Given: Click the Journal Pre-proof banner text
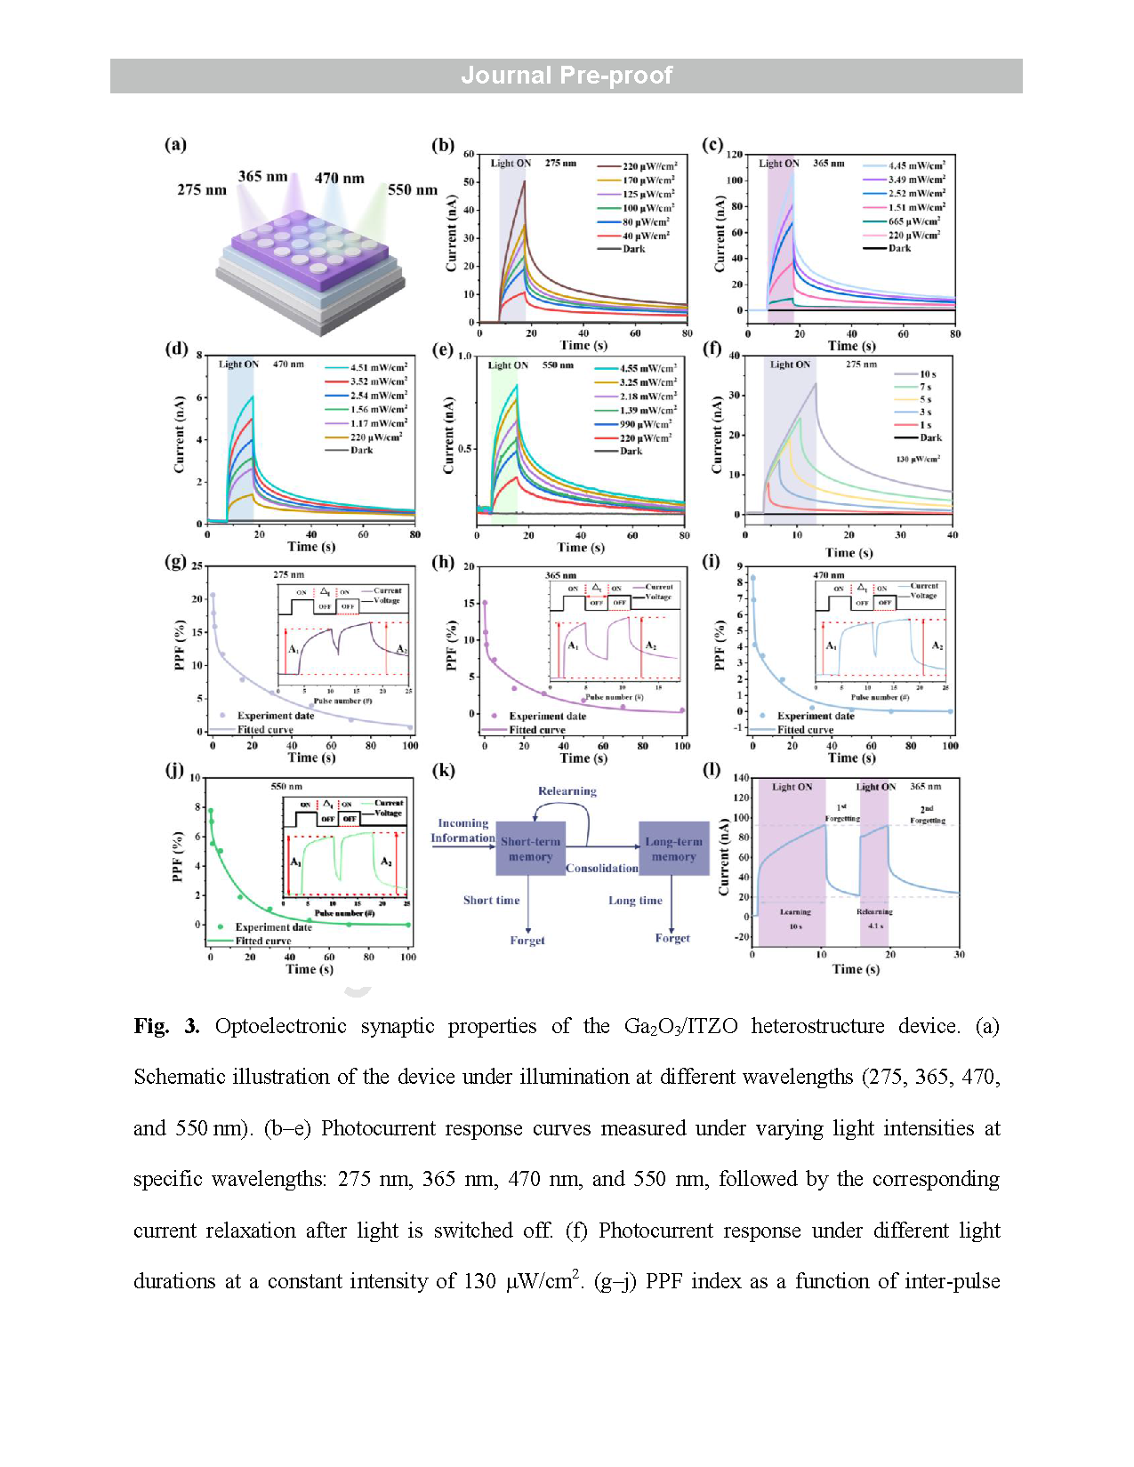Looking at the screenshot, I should (x=567, y=76).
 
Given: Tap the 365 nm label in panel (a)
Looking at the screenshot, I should (x=262, y=176).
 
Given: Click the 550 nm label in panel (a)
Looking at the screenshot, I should (x=413, y=189).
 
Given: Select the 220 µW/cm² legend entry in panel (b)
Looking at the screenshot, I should (x=649, y=166).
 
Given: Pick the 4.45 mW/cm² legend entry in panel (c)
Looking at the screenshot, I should (x=916, y=165).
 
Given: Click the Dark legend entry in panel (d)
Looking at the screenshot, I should (x=361, y=450).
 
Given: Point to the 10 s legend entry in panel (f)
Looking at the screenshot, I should (x=928, y=374).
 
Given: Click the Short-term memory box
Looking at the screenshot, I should (x=530, y=849).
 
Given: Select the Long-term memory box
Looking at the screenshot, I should (x=673, y=849).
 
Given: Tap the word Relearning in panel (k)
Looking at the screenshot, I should (x=567, y=791).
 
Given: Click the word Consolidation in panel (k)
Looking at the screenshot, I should (x=602, y=868).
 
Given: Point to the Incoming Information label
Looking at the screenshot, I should (x=462, y=830).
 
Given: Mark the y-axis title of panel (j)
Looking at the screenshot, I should (x=177, y=857).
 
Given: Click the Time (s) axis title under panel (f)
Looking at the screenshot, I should (x=848, y=552).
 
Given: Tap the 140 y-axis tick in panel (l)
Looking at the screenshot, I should (x=741, y=778).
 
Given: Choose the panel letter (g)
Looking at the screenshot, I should (x=175, y=562).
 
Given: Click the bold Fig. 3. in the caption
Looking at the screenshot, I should (x=166, y=1026).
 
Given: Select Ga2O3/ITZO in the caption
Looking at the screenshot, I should (x=680, y=1026).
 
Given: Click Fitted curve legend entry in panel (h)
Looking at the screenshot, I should (x=536, y=730).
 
